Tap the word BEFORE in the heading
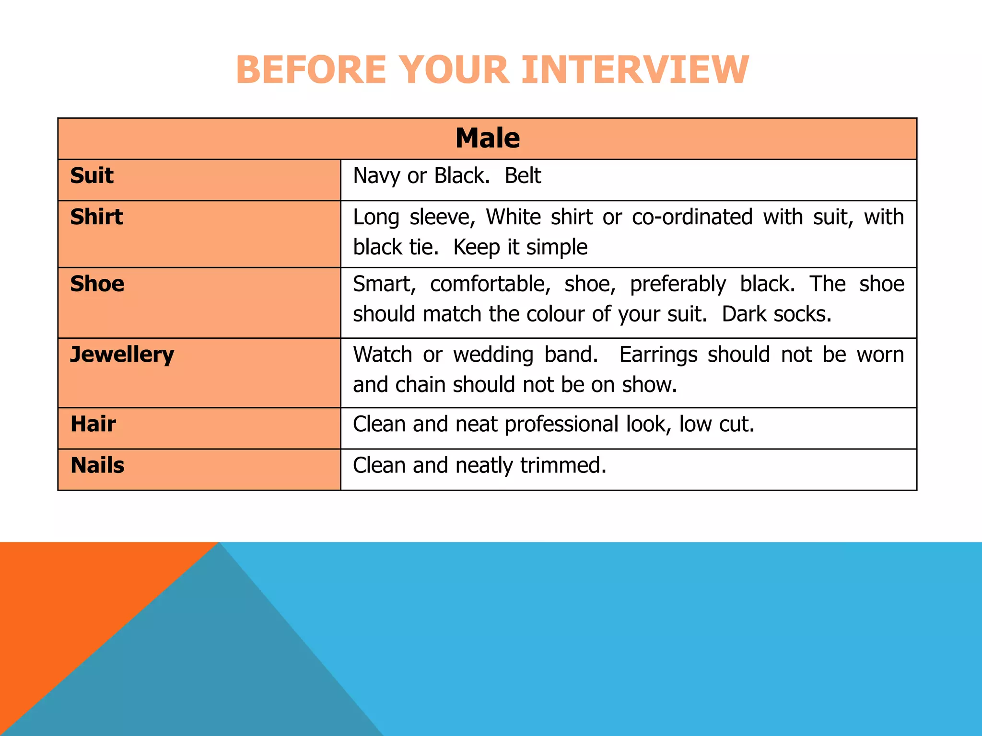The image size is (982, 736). pyautogui.click(x=311, y=70)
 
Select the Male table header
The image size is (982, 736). pyautogui.click(x=487, y=138)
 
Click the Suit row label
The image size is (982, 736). pyautogui.click(x=92, y=175)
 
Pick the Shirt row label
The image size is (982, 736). pyautogui.click(x=96, y=217)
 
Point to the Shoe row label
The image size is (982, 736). pyautogui.click(x=97, y=284)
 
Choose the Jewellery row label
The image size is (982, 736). pyautogui.click(x=122, y=355)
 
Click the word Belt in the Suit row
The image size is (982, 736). pyautogui.click(x=523, y=176)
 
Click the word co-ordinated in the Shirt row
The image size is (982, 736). pyautogui.click(x=692, y=217)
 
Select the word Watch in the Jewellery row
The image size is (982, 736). pyautogui.click(x=382, y=355)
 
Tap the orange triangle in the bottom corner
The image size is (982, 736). pyautogui.click(x=72, y=599)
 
